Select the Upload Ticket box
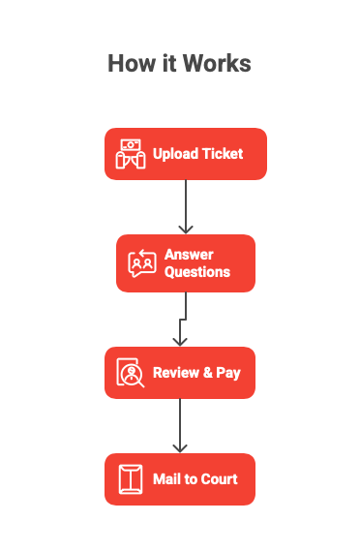tap(185, 154)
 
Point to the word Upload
tap(174, 154)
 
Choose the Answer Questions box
tap(185, 263)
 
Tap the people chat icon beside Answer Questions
tap(142, 263)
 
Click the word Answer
tap(189, 255)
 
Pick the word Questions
tap(197, 272)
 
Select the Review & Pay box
tap(179, 373)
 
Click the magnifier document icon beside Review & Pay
tap(130, 373)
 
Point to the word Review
tap(175, 373)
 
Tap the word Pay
tap(228, 373)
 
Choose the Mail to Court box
tap(179, 479)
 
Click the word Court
tap(219, 479)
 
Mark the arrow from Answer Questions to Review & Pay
tap(181, 320)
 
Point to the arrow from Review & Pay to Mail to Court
tap(179, 426)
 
